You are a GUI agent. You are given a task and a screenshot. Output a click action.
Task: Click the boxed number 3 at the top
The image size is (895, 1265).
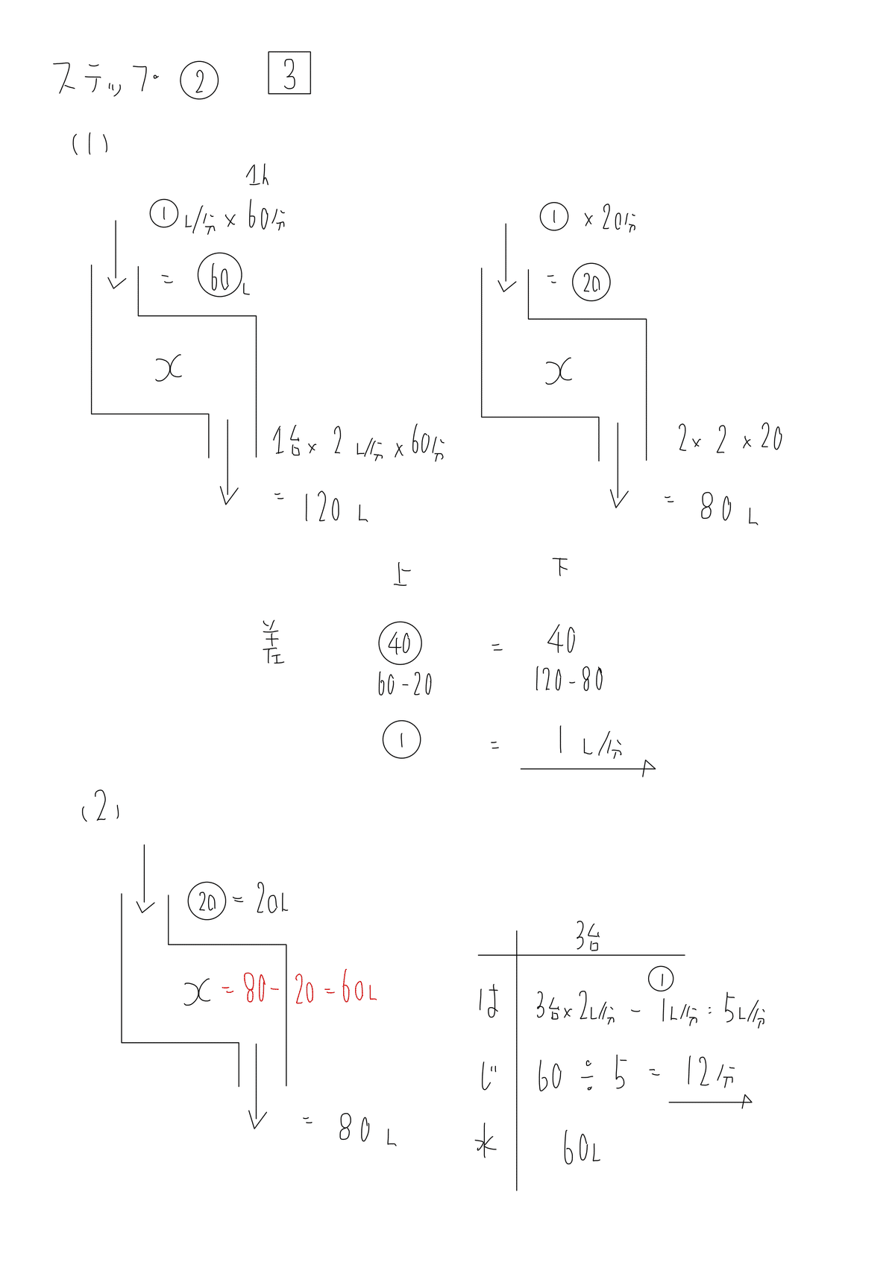point(289,73)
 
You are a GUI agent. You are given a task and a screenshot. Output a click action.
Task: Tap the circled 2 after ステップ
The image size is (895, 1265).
point(199,82)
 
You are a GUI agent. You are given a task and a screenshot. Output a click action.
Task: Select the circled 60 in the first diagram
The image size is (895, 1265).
point(220,277)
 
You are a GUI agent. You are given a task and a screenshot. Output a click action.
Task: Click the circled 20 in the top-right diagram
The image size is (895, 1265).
point(591,283)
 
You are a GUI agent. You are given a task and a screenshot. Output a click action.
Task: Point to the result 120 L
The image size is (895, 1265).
point(336,510)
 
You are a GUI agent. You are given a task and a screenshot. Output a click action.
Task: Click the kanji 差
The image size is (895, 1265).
point(270,643)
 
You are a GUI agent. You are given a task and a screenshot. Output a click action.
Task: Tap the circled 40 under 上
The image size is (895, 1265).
point(400,643)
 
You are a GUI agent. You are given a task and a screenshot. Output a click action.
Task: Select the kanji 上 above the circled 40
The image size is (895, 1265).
point(401,575)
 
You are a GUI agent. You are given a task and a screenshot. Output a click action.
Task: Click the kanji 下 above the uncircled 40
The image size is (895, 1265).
point(561,568)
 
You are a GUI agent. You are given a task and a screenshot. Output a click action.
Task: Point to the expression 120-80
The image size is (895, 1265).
point(568,680)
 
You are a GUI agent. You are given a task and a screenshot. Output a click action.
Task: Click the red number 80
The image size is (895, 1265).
point(256,991)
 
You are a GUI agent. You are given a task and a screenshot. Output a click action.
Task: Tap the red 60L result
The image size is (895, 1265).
point(359,991)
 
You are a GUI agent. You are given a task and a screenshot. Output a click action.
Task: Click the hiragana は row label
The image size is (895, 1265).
point(489,1003)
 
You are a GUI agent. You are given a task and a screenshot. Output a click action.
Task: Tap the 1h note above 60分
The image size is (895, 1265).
point(257,176)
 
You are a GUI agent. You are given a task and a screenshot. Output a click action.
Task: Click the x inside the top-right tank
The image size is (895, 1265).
point(559,370)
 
